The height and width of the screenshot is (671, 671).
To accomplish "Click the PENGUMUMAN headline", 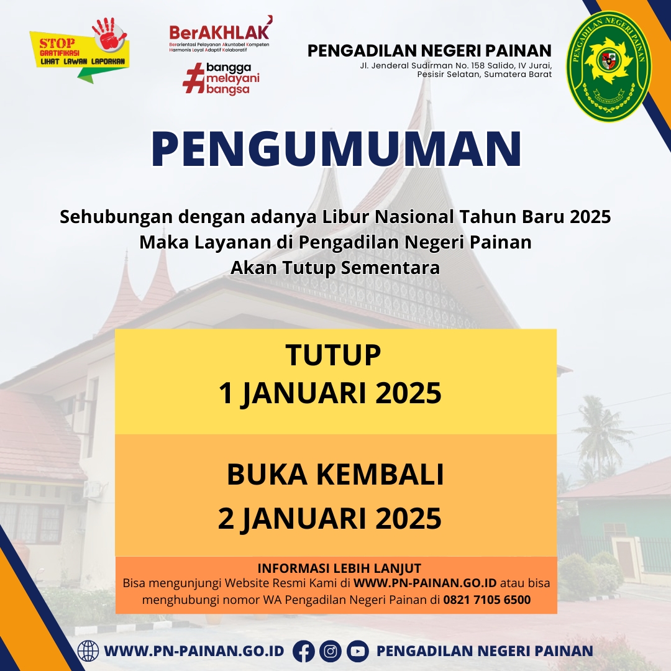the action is (336, 148).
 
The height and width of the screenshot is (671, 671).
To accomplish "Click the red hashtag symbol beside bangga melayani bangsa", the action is (193, 78).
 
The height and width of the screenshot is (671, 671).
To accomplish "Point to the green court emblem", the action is (608, 66).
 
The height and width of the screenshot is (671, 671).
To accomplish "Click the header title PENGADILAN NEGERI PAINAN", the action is (429, 51).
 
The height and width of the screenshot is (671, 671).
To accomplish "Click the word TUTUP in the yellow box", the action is (333, 355).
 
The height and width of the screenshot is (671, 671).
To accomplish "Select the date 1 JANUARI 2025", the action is (330, 393).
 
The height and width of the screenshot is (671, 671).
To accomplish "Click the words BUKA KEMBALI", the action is (335, 474).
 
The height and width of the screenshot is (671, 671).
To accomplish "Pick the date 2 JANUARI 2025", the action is (329, 518).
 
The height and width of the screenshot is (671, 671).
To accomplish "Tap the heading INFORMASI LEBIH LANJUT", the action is (339, 568).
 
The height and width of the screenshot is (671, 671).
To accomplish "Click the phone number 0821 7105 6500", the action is (487, 600).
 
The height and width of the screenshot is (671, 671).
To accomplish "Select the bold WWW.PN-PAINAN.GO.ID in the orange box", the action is (425, 583).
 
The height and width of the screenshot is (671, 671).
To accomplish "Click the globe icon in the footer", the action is (88, 651).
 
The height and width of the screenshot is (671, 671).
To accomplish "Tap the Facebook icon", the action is (304, 651).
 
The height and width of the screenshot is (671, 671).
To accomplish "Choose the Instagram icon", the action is (331, 651).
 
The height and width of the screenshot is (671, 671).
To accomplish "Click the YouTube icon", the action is (358, 651).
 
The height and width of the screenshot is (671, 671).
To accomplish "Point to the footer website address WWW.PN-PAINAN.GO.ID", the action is (194, 651).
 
